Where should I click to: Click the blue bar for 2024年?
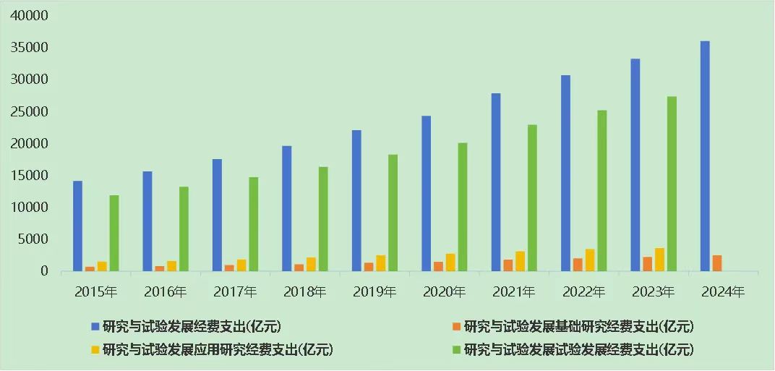tap(705, 155)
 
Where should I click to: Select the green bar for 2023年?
tap(671, 184)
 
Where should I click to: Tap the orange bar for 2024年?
tap(716, 263)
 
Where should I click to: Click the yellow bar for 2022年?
tap(590, 260)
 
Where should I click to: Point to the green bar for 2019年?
tap(393, 213)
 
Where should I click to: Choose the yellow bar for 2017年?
tap(241, 265)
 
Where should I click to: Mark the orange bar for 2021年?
tap(508, 265)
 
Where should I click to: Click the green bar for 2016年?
tap(184, 229)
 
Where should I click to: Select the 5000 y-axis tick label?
tap(34, 239)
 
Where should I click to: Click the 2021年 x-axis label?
tap(514, 292)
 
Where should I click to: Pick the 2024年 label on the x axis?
tap(723, 292)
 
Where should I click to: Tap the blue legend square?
tap(95, 325)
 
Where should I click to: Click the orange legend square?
tap(456, 325)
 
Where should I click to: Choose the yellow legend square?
tap(95, 350)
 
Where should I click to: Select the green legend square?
tap(456, 350)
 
